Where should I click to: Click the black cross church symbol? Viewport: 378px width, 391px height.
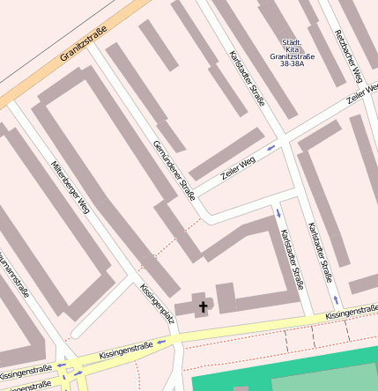(x=204, y=306)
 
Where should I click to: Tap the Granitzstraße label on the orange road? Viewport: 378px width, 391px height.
(x=84, y=44)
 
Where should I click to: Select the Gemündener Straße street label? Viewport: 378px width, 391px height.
(x=174, y=170)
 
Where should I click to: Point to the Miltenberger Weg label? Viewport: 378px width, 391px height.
(x=70, y=188)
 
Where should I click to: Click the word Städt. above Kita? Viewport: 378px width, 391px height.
(x=292, y=42)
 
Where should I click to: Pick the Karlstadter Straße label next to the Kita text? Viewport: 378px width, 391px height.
(x=246, y=78)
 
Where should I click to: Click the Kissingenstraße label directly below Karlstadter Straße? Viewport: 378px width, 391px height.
(x=351, y=311)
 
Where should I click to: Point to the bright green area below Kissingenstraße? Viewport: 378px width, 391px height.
(x=282, y=370)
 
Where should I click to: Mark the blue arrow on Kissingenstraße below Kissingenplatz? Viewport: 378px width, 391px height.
(x=161, y=342)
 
